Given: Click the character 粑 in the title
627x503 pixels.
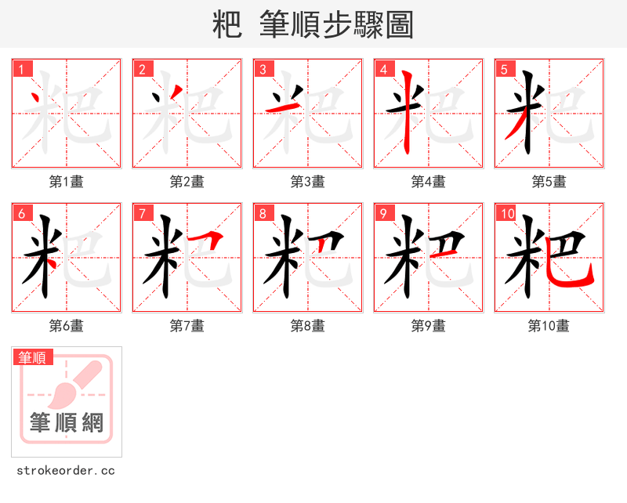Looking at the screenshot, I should pyautogui.click(x=227, y=25).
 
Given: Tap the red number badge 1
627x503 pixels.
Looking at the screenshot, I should pyautogui.click(x=22, y=69).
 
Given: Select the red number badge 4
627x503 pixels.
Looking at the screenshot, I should pyautogui.click(x=384, y=69).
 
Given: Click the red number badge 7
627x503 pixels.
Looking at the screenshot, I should pyautogui.click(x=143, y=213).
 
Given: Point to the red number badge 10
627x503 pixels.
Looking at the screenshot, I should pyautogui.click(x=507, y=213).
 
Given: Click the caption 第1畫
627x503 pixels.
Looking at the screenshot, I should pyautogui.click(x=67, y=182).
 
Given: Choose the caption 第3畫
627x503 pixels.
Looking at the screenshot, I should pyautogui.click(x=308, y=182).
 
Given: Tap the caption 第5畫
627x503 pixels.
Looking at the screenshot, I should pyautogui.click(x=549, y=182).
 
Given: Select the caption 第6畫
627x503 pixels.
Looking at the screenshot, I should pyautogui.click(x=67, y=326).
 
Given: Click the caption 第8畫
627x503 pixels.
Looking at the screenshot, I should pyautogui.click(x=308, y=326).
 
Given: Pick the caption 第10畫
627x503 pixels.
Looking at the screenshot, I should pyautogui.click(x=549, y=326).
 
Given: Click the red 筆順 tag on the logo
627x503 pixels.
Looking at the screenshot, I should pyautogui.click(x=33, y=357).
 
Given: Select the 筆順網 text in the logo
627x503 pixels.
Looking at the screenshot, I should pyautogui.click(x=67, y=423).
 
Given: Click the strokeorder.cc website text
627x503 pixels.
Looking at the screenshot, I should pyautogui.click(x=66, y=471).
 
